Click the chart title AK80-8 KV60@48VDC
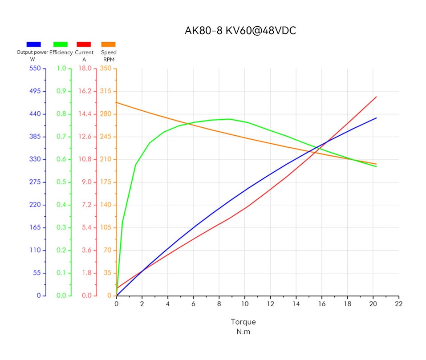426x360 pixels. pos(240,31)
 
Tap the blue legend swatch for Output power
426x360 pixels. pos(34,44)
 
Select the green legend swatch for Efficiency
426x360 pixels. pos(61,44)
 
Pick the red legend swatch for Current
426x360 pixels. pos(84,44)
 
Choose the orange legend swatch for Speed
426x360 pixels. pos(109,44)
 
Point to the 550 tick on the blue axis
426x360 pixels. pos(35,69)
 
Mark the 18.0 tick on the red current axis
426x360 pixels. pos(86,69)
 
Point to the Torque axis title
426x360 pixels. pos(243,322)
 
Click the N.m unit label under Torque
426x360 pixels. pos(243,332)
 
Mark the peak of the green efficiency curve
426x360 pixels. pos(229,119)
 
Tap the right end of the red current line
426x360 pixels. pos(377,97)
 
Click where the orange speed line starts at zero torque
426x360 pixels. pos(117,102)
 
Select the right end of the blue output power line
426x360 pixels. pos(377,118)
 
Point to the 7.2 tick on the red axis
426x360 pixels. pos(86,205)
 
